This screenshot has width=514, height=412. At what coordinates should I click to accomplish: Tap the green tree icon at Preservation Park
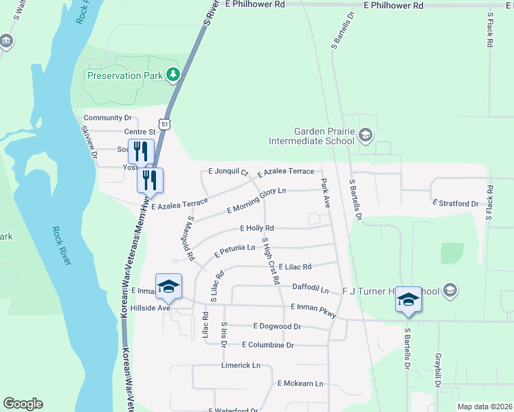[x=175, y=75]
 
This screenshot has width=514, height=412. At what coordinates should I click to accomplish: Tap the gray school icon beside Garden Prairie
[x=366, y=135]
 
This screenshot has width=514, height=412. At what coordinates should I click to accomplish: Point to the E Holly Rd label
[x=257, y=228]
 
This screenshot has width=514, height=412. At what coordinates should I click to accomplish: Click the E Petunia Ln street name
[x=234, y=251]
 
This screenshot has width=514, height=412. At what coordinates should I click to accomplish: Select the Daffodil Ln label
[x=311, y=290]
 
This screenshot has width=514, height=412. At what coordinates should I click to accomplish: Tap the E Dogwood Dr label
[x=277, y=326]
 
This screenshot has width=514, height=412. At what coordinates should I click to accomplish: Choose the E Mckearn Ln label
[x=300, y=384]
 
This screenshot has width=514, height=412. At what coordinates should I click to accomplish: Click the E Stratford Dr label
[x=455, y=204]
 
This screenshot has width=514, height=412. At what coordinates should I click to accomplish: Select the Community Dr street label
[x=107, y=118]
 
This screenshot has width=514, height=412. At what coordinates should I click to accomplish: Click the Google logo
[x=23, y=404]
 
